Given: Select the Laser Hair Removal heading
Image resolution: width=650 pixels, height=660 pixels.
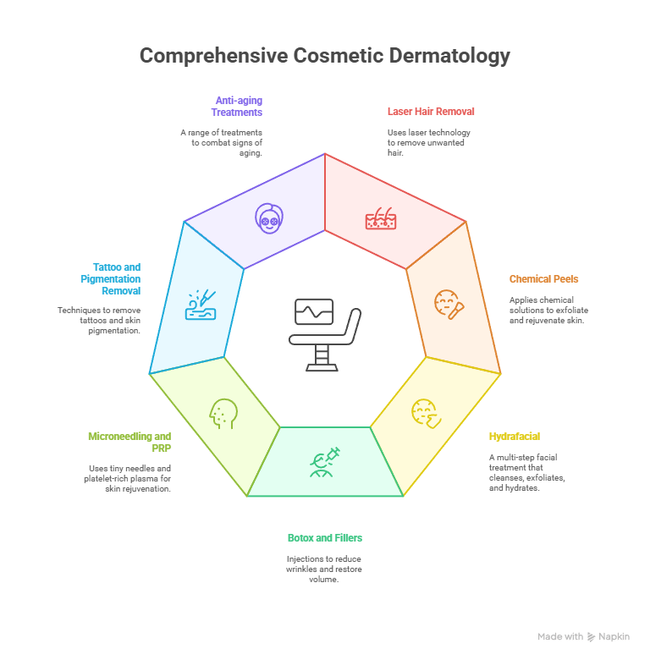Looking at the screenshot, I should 431,111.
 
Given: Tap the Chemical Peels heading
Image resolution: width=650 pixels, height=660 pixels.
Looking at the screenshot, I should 543,278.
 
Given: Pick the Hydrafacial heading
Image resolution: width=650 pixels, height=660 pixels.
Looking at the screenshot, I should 514,437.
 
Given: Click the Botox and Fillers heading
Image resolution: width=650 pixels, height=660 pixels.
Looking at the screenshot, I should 325,537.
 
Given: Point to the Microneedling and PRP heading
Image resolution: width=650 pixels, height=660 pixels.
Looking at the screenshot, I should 129,442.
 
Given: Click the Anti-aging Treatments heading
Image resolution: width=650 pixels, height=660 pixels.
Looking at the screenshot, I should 237,106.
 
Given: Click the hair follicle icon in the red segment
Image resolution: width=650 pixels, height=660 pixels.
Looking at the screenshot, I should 381,218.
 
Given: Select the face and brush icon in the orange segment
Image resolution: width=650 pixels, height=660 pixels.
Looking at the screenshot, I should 449,303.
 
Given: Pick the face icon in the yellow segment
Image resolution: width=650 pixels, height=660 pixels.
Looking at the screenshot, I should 425,412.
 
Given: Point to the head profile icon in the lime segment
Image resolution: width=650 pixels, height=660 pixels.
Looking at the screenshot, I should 222,413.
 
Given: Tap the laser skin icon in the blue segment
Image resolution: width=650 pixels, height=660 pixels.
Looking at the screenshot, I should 201,306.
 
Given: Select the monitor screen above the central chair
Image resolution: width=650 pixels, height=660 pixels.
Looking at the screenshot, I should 314,311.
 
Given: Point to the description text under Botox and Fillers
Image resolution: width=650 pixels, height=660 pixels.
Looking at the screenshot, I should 325,569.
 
